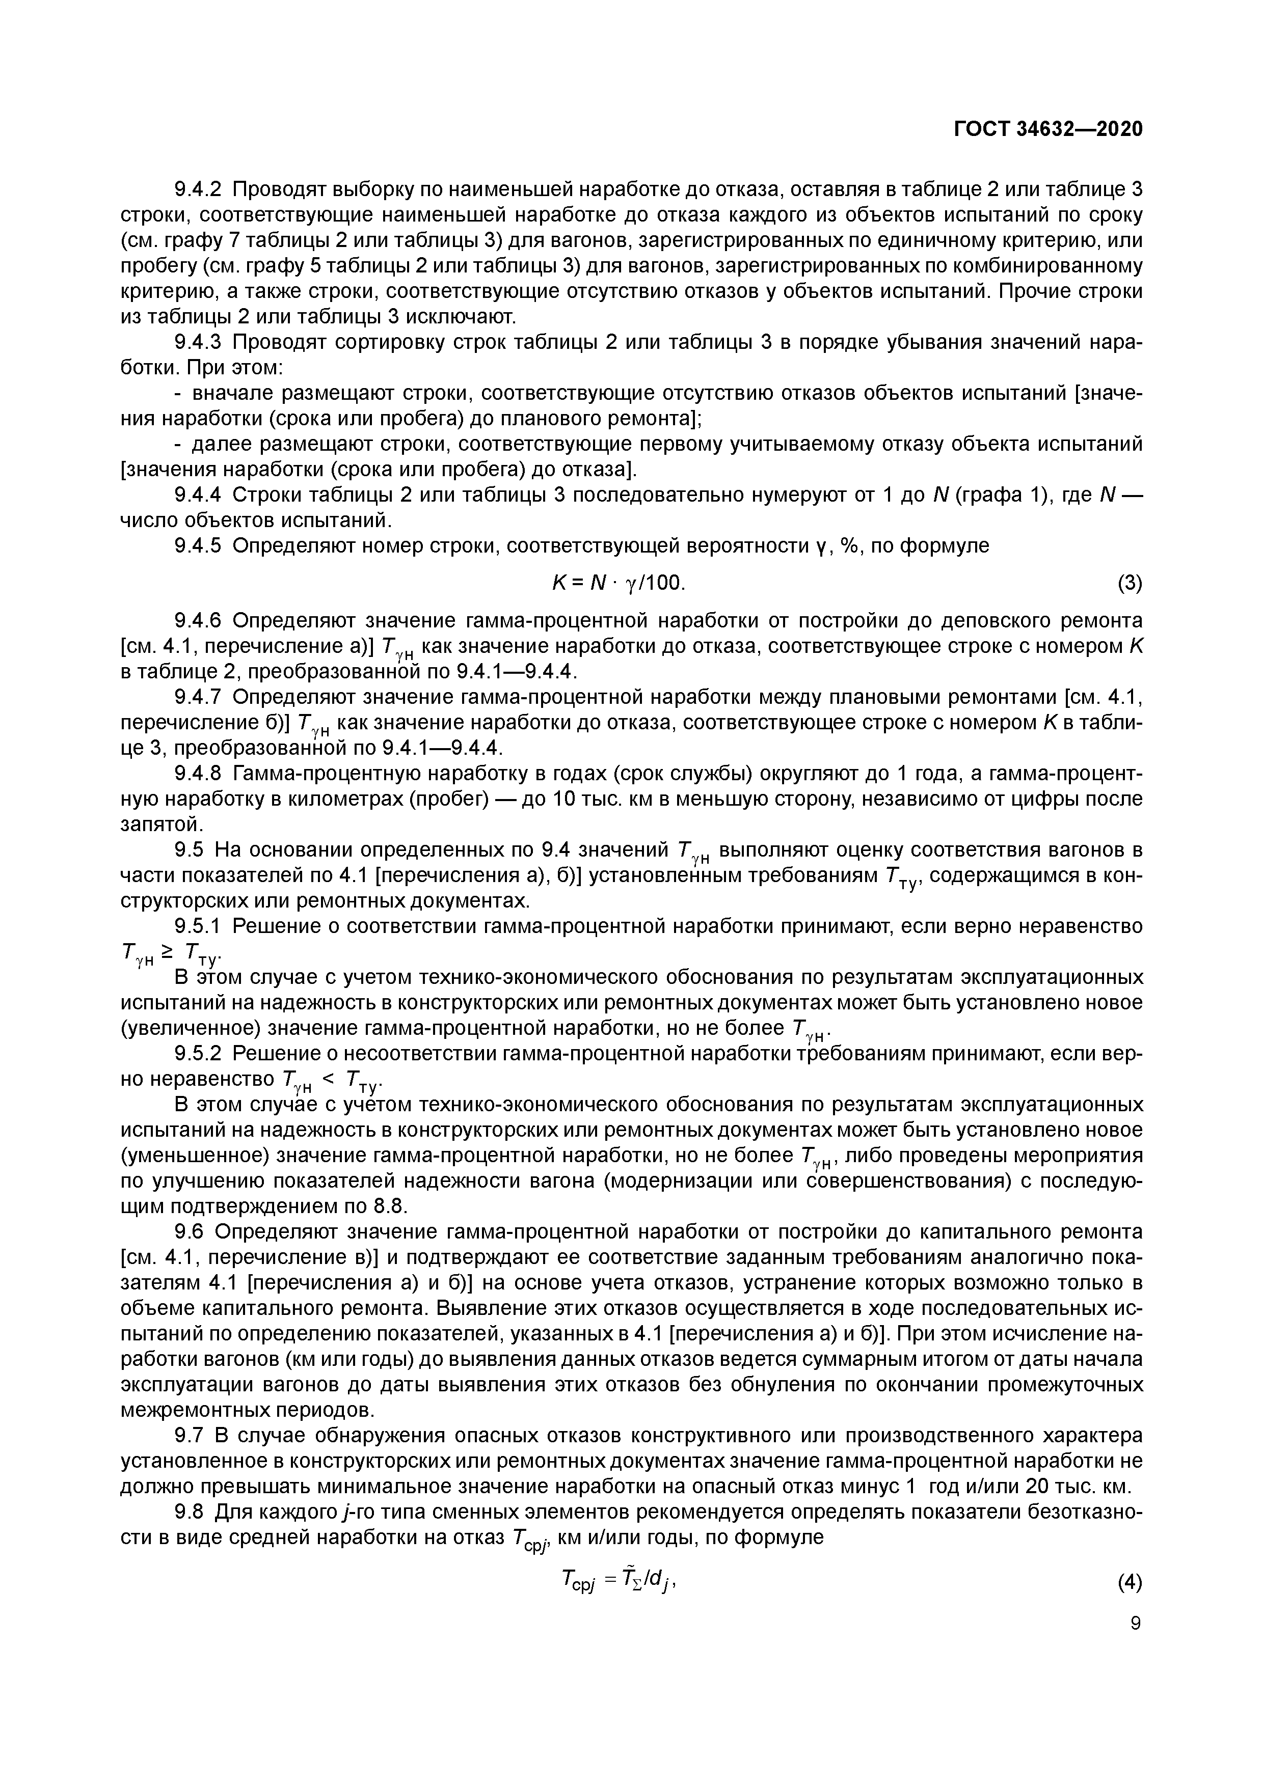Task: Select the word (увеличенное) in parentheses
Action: click(192, 1028)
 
